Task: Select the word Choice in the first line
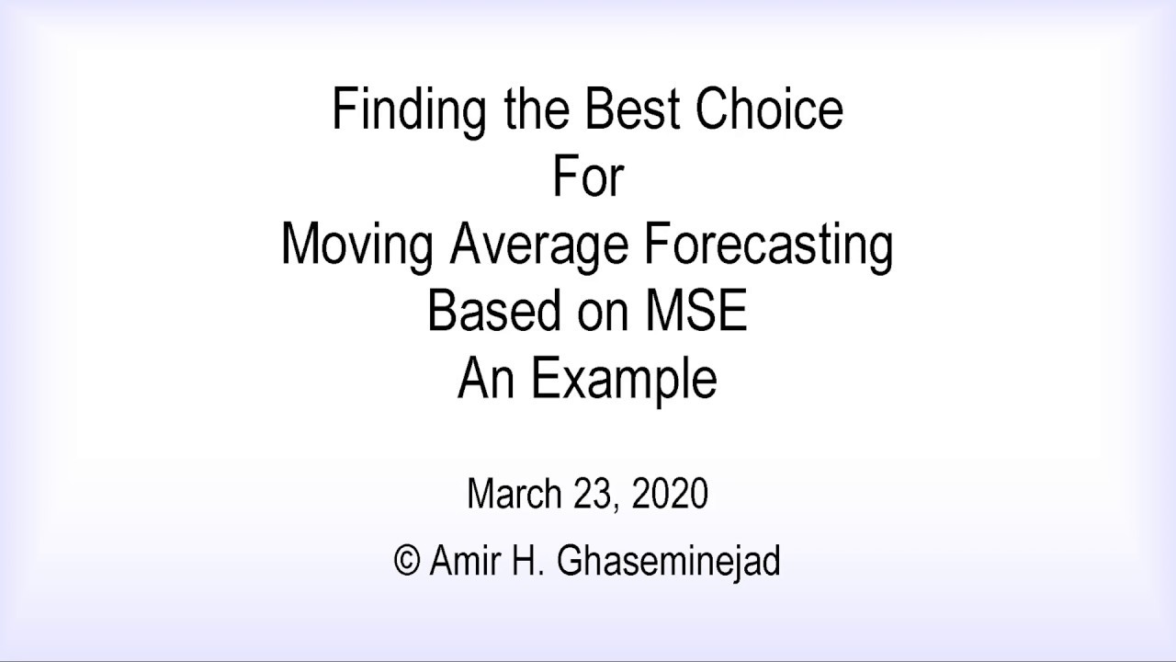pyautogui.click(x=769, y=110)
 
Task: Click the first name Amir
pyautogui.click(x=462, y=560)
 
